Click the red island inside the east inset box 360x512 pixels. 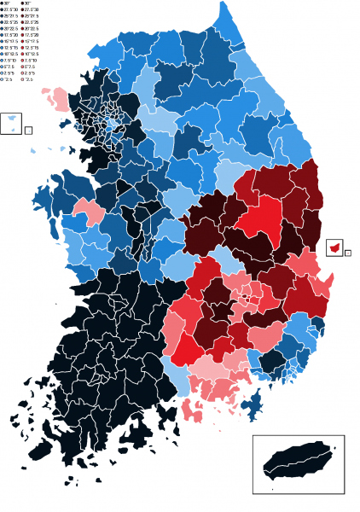[336, 247]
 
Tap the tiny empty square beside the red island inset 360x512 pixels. [348, 253]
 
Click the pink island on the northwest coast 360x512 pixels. [59, 97]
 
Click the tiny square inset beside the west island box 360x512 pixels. [28, 131]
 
